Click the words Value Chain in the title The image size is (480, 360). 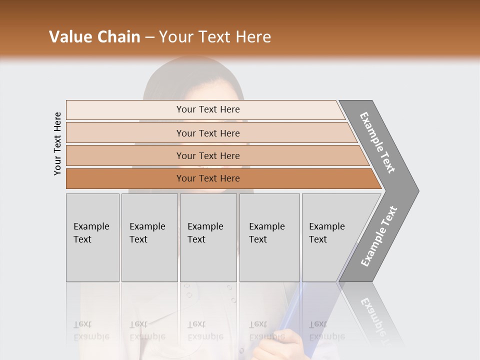94,37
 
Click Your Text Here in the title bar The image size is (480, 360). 215,37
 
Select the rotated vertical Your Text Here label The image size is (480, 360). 57,143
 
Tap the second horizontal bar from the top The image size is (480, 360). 208,133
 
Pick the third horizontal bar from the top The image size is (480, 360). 208,155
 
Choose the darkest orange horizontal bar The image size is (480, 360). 208,178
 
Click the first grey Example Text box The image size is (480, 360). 92,237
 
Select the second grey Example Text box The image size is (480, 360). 149,237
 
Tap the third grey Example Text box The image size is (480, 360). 208,237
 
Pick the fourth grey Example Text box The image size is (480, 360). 269,237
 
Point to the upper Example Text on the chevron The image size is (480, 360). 377,142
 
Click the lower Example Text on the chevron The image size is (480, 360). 378,236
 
